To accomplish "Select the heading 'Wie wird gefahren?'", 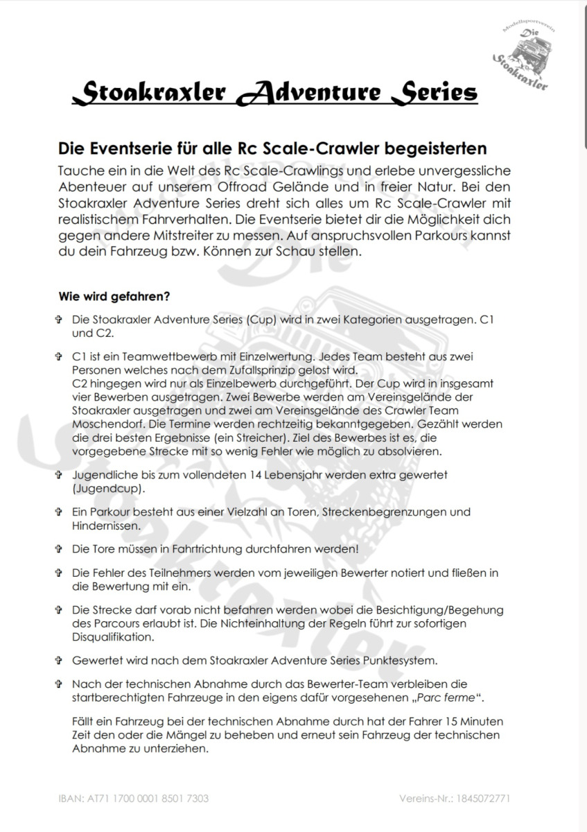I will coord(115,296).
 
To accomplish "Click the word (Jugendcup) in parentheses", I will coord(108,488).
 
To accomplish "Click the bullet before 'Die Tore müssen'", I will coord(59,549).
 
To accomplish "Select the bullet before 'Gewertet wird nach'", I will coord(59,659).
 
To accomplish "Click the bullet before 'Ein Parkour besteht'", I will coord(59,512).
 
